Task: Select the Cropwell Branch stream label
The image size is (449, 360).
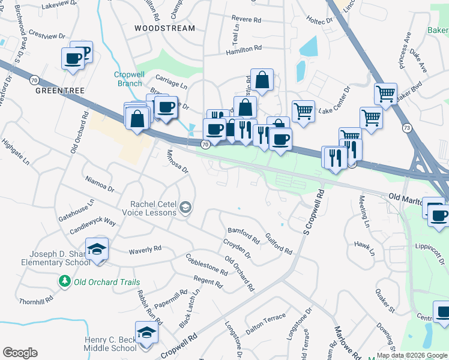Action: coord(129,79)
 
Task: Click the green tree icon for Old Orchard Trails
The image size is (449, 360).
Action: coord(64,281)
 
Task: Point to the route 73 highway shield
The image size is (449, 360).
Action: coord(407,128)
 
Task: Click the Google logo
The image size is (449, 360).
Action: coord(20,352)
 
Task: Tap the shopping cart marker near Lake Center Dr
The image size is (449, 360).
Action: coord(304,110)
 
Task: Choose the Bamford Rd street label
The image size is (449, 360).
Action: coord(243,235)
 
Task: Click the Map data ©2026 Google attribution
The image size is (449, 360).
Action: coord(412,355)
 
